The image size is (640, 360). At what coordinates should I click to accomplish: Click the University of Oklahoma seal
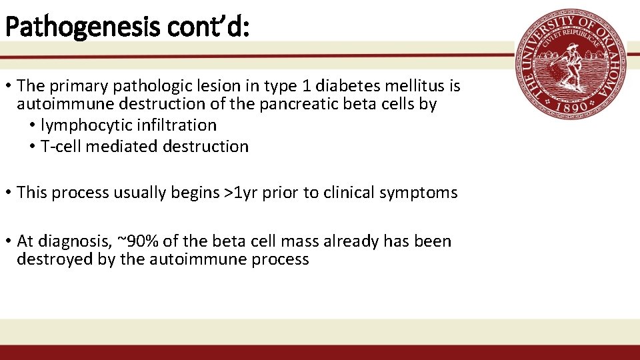click(571, 65)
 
